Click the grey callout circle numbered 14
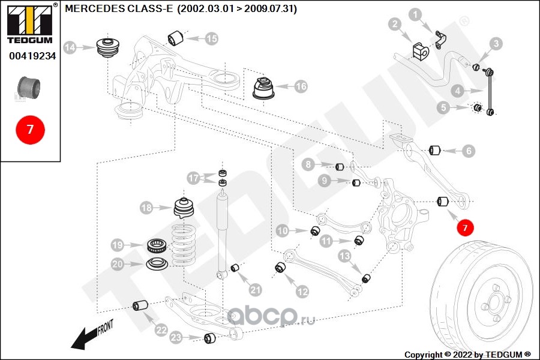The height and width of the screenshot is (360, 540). click(70, 47)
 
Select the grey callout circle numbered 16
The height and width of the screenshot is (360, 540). click(300, 86)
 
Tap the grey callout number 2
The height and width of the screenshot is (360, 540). click(395, 25)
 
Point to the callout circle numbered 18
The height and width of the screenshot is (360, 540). click(147, 208)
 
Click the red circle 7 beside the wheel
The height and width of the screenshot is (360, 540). click(464, 227)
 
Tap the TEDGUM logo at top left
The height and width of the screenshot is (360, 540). click(29, 24)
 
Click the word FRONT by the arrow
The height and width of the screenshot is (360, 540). click(104, 328)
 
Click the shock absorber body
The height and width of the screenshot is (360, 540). click(223, 231)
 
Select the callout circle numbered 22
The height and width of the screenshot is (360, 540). click(160, 329)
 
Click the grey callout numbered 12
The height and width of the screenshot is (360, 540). click(302, 292)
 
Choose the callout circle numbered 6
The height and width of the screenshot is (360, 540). click(469, 151)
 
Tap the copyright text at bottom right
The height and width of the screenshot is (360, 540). click(467, 354)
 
